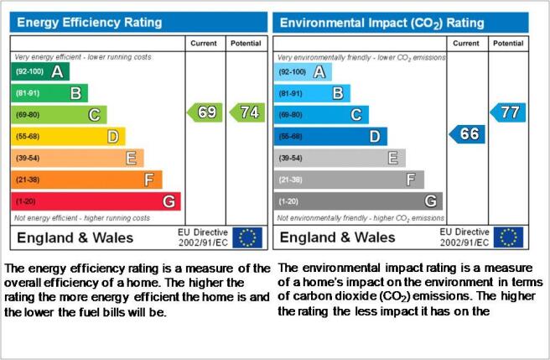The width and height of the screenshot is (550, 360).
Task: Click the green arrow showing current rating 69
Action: tap(205, 112)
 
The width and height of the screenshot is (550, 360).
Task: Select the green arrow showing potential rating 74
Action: tap(247, 112)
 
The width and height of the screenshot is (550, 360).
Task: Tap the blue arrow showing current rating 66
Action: tap(467, 134)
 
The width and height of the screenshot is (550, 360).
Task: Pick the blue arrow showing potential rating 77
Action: tap(508, 112)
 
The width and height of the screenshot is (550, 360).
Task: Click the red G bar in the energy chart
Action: tap(96, 201)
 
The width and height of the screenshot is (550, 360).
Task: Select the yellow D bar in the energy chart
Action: tap(68, 136)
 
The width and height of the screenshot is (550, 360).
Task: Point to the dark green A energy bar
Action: tap(40, 71)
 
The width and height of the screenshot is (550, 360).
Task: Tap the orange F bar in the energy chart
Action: tap(86, 180)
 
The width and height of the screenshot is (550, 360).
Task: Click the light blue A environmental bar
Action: tap(303, 71)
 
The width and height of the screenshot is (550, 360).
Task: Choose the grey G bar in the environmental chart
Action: tap(358, 201)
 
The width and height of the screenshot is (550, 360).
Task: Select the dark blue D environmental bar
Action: tap(330, 136)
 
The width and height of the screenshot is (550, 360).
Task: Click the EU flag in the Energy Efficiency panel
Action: tap(247, 237)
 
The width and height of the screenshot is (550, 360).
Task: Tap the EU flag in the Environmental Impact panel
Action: tap(508, 237)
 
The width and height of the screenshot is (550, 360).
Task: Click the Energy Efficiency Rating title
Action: tap(90, 23)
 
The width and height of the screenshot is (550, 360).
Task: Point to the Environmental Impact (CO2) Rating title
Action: tap(382, 23)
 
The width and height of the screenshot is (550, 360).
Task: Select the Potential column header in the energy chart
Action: tap(246, 43)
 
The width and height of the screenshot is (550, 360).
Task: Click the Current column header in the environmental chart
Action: tap(466, 43)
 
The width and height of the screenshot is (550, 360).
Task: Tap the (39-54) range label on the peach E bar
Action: tap(28, 158)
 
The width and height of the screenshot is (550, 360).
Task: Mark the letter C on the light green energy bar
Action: tap(95, 115)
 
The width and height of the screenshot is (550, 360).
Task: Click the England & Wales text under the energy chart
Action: tap(75, 237)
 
